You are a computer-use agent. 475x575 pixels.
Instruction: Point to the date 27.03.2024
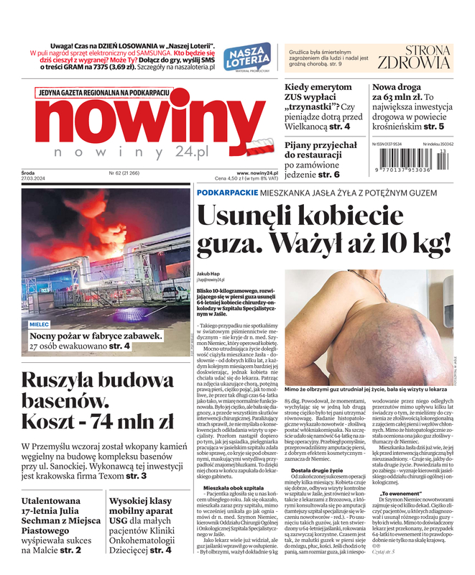coord(32,180)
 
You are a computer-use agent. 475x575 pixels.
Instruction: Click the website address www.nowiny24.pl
coord(257,173)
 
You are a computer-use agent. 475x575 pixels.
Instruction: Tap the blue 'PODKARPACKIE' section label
coord(229,194)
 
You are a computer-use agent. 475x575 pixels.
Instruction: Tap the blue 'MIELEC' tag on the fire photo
coord(40,324)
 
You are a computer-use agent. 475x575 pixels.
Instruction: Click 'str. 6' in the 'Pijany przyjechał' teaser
coord(328,174)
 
